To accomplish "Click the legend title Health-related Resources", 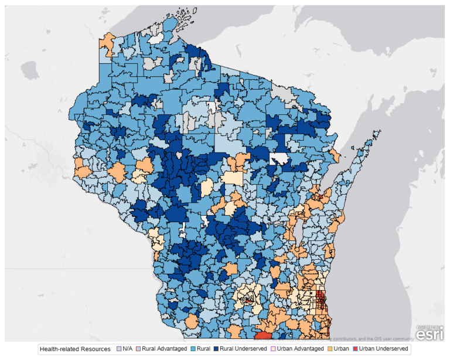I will (74, 349).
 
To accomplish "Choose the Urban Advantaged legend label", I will (299, 349).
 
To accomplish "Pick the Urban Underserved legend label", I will (384, 349).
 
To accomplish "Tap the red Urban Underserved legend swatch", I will (354, 349).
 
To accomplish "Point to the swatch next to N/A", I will (120, 349).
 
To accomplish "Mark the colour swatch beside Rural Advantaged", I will (139, 349).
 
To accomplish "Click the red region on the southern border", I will (264, 335).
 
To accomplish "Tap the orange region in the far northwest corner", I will (107, 42).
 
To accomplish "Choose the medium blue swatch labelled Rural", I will (193, 349).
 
